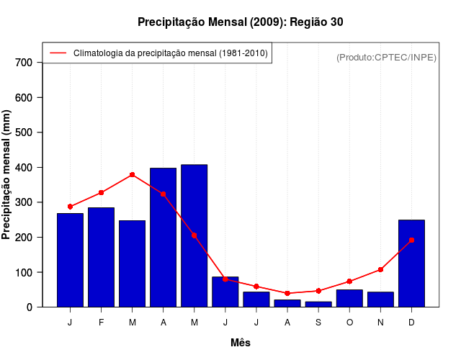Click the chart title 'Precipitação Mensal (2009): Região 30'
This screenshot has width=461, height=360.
[240, 22]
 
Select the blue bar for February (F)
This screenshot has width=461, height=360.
[101, 257]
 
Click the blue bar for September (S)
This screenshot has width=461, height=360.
[318, 304]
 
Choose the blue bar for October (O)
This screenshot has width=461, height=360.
[349, 298]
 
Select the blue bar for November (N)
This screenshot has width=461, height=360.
[380, 300]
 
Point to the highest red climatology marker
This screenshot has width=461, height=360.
[132, 174]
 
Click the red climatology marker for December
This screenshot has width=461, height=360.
[411, 240]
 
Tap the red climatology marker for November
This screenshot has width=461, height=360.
[380, 269]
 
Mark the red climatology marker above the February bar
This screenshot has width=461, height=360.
[101, 192]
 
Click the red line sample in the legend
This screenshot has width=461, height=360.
[58, 53]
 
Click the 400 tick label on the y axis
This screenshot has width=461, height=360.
[24, 168]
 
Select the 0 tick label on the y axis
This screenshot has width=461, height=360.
[29, 307]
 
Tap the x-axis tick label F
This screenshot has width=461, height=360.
[101, 323]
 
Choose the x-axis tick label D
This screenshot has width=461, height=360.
[411, 323]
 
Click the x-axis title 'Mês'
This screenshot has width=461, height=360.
[241, 343]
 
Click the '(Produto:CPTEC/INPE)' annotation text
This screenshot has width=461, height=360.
[386, 57]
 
